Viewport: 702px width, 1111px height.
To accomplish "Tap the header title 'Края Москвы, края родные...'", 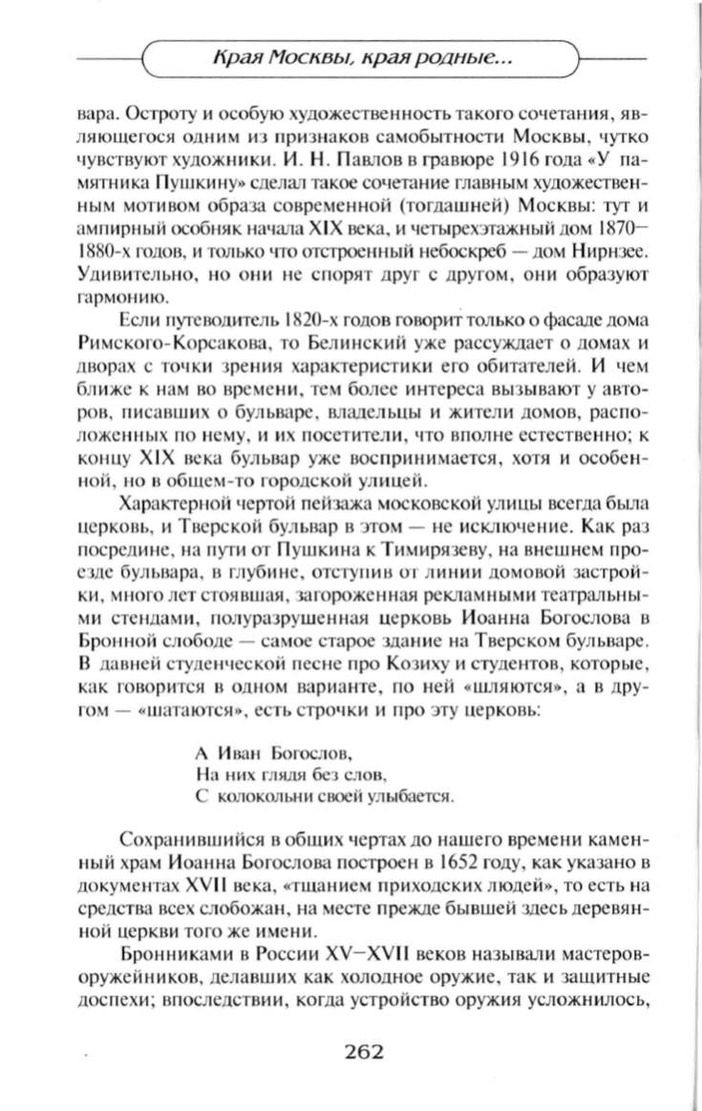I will coord(362,61).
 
